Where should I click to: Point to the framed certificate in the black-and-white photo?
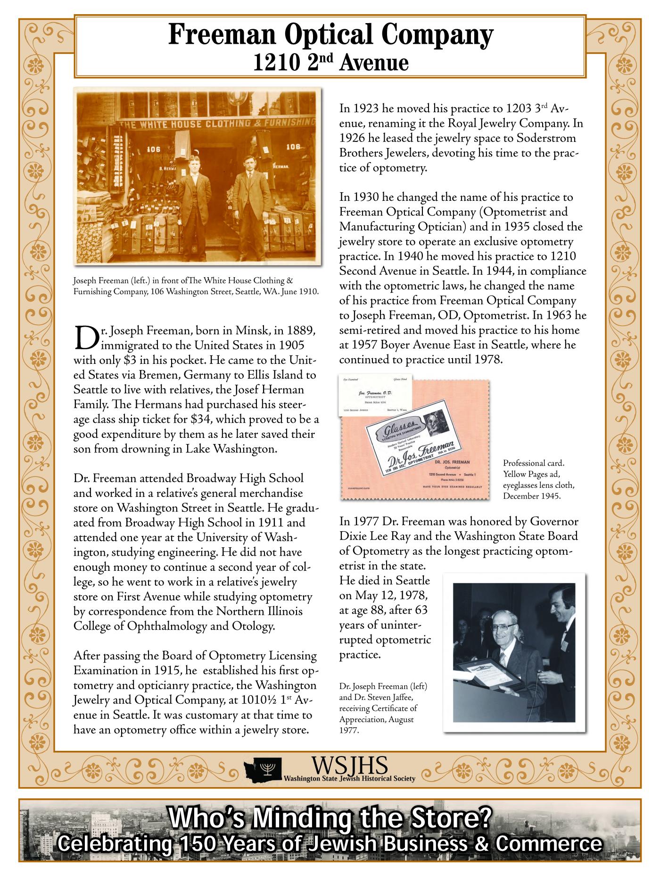487,674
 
